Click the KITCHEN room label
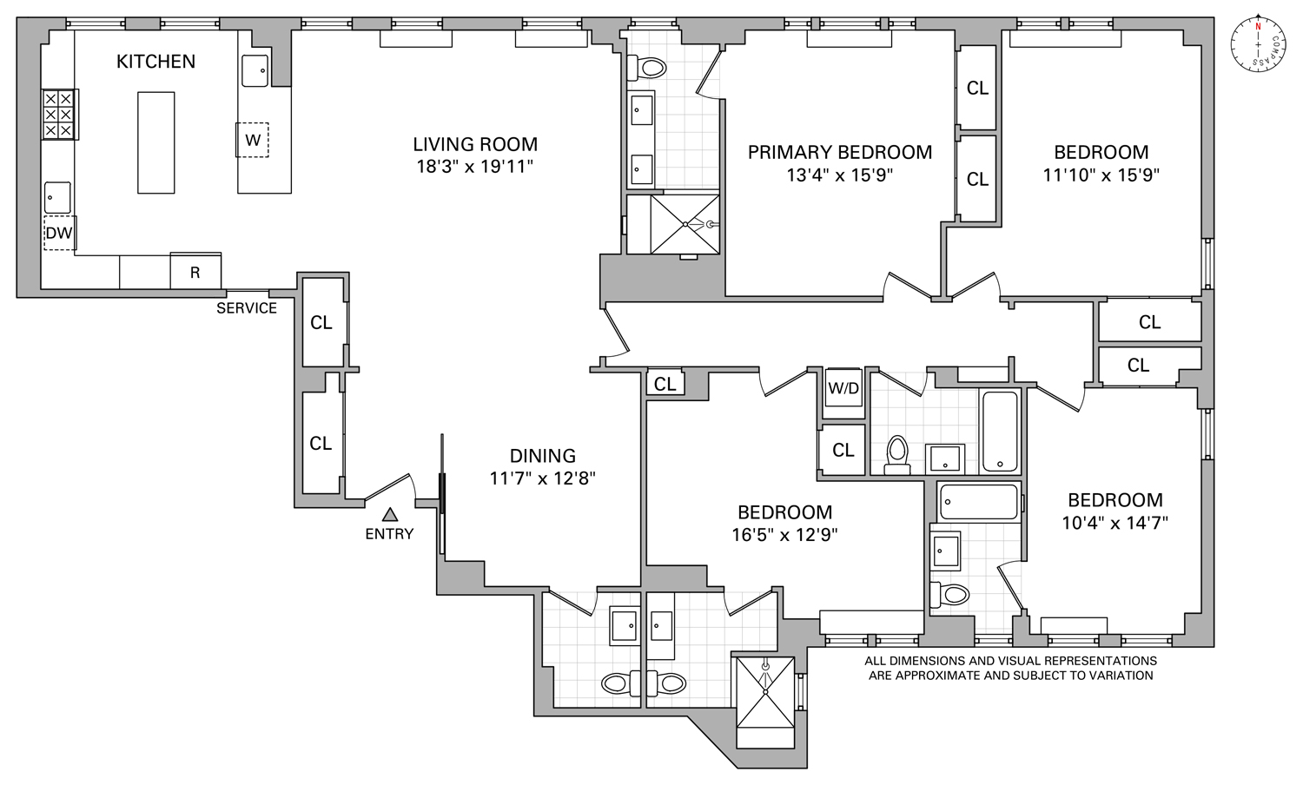point(156,62)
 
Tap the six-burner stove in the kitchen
point(59,115)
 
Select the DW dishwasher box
point(59,233)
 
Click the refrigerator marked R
point(195,272)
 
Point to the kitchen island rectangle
point(156,142)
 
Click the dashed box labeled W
point(253,140)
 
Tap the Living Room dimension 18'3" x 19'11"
point(474,166)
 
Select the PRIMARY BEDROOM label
point(839,152)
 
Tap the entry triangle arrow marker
point(390,514)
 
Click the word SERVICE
point(247,308)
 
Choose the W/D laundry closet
point(843,388)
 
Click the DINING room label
point(542,456)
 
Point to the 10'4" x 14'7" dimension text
point(1114,522)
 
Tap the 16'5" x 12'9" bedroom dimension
point(784,534)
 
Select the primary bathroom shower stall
point(686,224)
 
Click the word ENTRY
point(389,534)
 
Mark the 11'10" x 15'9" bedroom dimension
point(1101,174)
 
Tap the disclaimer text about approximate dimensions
point(1010,668)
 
